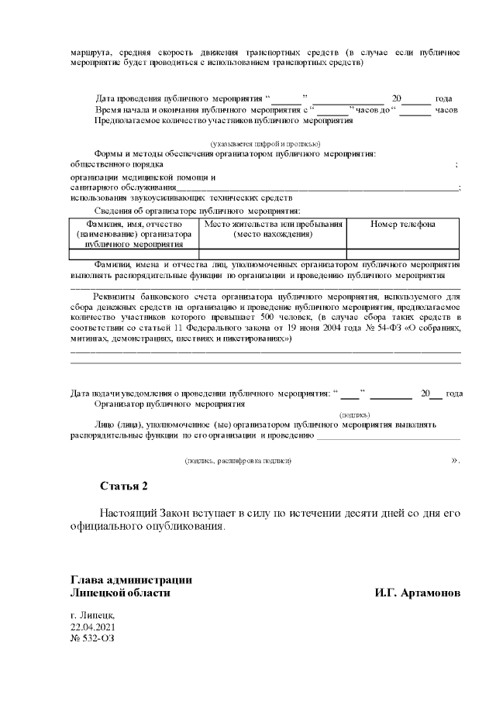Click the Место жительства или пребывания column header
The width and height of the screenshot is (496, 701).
(273, 229)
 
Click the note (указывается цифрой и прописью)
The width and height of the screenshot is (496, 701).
(266, 144)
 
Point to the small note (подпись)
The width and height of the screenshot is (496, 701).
(355, 414)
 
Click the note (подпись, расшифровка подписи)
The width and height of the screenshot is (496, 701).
(237, 461)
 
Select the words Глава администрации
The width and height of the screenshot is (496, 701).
(131, 580)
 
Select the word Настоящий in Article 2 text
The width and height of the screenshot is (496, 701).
(129, 514)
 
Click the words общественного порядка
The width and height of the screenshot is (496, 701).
(116, 164)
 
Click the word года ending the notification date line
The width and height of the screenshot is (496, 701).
(455, 393)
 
